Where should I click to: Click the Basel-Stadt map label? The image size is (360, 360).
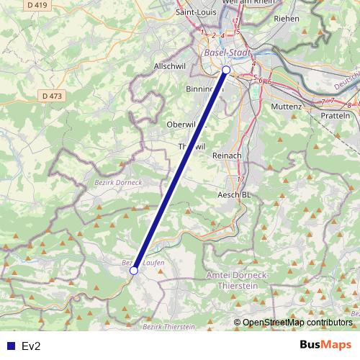(x=225, y=53)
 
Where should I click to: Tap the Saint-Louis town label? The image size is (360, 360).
(x=197, y=12)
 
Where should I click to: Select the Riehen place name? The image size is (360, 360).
(x=287, y=19)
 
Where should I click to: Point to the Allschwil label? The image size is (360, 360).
(x=170, y=66)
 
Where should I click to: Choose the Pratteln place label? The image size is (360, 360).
(x=335, y=115)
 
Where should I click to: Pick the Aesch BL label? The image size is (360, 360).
(x=234, y=194)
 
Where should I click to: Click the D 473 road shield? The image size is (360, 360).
(x=52, y=95)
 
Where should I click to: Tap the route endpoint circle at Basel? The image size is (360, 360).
(x=226, y=70)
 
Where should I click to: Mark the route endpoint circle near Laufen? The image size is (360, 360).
(x=134, y=271)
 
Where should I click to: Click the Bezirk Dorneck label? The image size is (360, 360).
(x=119, y=182)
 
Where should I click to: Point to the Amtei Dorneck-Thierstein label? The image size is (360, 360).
(x=237, y=281)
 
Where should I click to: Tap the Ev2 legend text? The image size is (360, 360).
(x=32, y=346)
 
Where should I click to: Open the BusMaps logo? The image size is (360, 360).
(x=325, y=345)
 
